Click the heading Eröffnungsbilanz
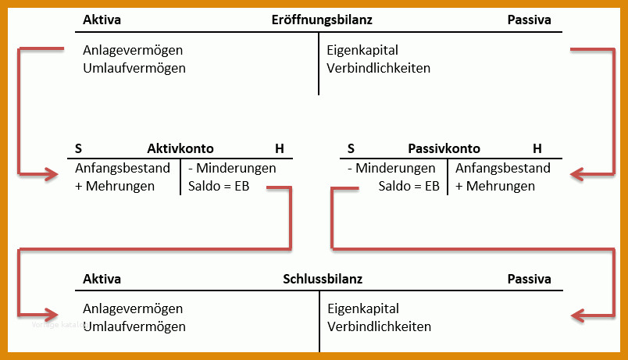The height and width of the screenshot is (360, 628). pyautogui.click(x=322, y=20)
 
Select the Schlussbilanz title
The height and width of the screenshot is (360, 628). pyautogui.click(x=323, y=279)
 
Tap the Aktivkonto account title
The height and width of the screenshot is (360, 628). pyautogui.click(x=180, y=148)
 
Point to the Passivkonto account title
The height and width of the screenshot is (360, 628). pyautogui.click(x=444, y=148)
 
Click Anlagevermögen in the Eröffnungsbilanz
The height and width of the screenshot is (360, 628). pyautogui.click(x=133, y=51)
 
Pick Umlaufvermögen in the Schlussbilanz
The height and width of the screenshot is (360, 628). pyautogui.click(x=134, y=326)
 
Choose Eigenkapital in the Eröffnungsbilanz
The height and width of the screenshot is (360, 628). pyautogui.click(x=362, y=51)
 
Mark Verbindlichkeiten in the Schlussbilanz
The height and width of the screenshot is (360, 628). pyautogui.click(x=380, y=326)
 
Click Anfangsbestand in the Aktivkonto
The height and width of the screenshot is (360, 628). pyautogui.click(x=123, y=168)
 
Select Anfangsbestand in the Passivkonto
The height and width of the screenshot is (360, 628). pyautogui.click(x=503, y=168)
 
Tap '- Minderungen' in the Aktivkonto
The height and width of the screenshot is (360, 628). pyautogui.click(x=232, y=168)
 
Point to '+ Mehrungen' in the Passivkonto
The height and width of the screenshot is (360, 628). pyautogui.click(x=495, y=186)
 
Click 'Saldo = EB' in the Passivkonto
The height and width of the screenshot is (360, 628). pyautogui.click(x=409, y=186)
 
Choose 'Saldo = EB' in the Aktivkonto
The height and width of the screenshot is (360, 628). pyautogui.click(x=219, y=186)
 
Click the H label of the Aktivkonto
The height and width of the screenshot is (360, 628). pyautogui.click(x=280, y=149)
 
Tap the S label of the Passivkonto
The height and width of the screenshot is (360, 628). pyautogui.click(x=351, y=149)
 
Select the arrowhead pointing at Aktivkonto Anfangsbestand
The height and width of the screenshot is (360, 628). pyautogui.click(x=52, y=174)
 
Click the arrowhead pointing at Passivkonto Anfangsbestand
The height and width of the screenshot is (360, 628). pyautogui.click(x=577, y=174)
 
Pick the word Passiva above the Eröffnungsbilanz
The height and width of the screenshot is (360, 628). pyautogui.click(x=529, y=20)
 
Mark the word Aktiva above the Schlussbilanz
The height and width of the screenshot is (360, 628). pyautogui.click(x=102, y=279)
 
